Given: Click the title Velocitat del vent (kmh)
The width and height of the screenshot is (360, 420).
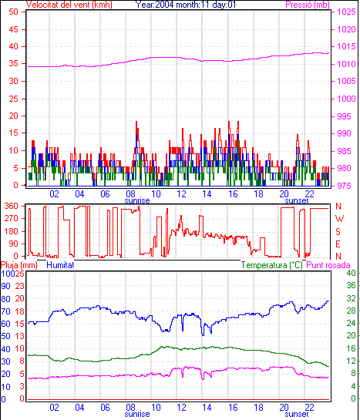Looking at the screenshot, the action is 69,5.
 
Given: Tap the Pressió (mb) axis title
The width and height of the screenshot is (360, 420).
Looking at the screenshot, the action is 308,5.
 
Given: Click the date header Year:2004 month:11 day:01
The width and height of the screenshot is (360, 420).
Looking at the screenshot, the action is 186,5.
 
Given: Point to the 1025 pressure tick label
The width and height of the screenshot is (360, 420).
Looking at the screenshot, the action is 346,12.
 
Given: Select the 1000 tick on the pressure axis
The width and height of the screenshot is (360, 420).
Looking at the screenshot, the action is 346,99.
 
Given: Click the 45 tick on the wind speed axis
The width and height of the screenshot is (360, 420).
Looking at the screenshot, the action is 13,29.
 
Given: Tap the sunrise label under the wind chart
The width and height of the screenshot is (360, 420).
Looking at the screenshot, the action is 137,200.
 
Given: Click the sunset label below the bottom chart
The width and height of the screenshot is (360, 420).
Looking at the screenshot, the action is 297,414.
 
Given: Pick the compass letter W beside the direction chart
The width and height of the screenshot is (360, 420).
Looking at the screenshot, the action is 339,219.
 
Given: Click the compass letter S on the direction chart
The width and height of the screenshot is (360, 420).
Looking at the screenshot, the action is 338,231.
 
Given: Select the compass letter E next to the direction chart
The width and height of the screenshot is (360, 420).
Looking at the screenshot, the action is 338,244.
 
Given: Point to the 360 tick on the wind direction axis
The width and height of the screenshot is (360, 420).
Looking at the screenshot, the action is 12,206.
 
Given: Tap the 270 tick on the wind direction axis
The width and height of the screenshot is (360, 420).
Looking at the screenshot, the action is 12,219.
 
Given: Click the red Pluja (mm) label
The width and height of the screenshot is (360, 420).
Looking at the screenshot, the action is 19,265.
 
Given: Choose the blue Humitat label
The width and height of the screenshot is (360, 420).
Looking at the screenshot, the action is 60,265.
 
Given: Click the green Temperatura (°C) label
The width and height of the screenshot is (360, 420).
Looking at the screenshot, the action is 271,265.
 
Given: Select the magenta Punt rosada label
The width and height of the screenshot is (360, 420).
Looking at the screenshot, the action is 328,265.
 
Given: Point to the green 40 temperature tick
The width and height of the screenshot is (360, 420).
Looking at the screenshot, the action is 351,273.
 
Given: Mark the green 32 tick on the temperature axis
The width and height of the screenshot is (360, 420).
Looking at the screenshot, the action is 351,298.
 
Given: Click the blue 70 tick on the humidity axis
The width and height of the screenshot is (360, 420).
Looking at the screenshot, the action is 5,311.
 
